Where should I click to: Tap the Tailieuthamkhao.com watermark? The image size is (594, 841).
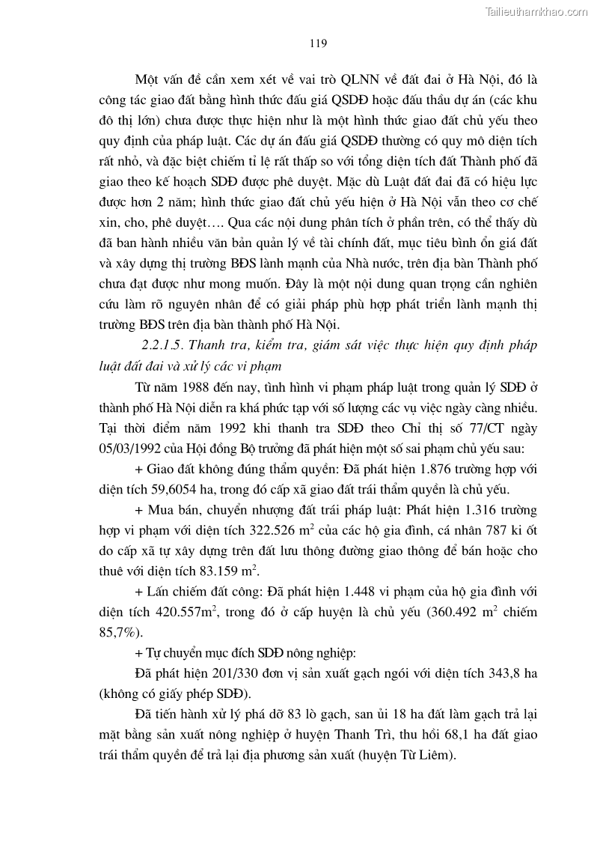coord(536,11)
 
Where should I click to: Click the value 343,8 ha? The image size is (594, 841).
coord(509,673)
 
